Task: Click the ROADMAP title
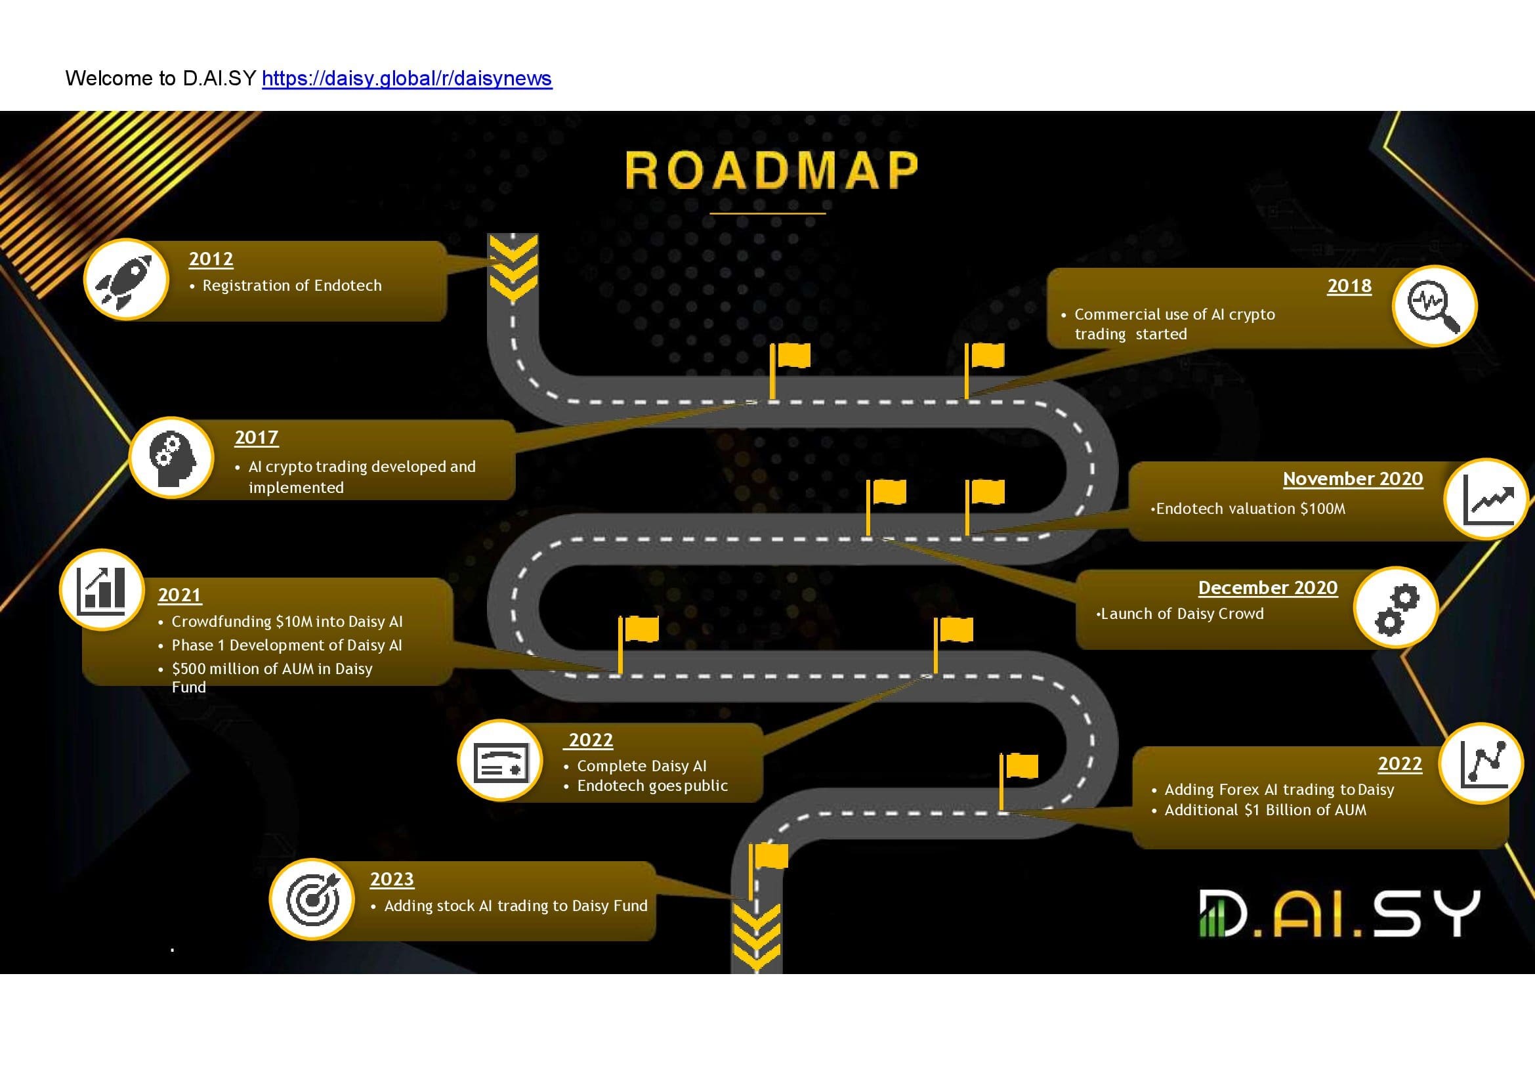pyautogui.click(x=772, y=170)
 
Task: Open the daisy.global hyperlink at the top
pyautogui.click(x=406, y=78)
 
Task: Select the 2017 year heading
pyautogui.click(x=257, y=437)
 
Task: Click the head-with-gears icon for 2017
pyautogui.click(x=172, y=458)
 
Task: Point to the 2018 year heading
pyautogui.click(x=1349, y=286)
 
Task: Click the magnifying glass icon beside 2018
pyautogui.click(x=1434, y=305)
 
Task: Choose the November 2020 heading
pyautogui.click(x=1353, y=479)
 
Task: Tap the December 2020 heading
pyautogui.click(x=1268, y=587)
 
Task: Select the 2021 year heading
pyautogui.click(x=180, y=595)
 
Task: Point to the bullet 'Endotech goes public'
pyautogui.click(x=652, y=786)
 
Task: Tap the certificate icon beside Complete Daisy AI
pyautogui.click(x=500, y=761)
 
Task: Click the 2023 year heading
pyautogui.click(x=392, y=879)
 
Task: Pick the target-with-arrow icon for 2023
pyautogui.click(x=312, y=899)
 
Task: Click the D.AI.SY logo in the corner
pyautogui.click(x=1339, y=912)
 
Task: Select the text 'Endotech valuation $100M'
pyautogui.click(x=1250, y=509)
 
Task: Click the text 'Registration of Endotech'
pyautogui.click(x=292, y=286)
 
